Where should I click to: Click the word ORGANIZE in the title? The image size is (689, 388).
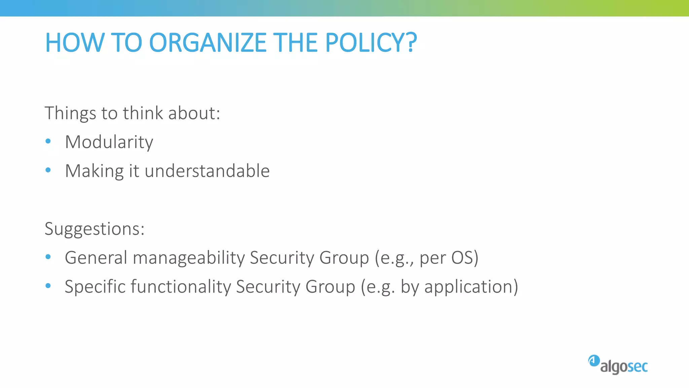[x=208, y=43]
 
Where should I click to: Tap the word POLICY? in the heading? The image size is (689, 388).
[x=371, y=43]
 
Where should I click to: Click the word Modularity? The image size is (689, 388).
[x=109, y=142]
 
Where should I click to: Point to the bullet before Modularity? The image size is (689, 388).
[x=48, y=141]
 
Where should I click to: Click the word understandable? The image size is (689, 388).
[x=207, y=171]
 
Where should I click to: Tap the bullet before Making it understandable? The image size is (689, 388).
[x=48, y=170]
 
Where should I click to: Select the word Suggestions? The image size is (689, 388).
[x=95, y=229]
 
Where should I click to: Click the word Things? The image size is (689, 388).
[x=70, y=113]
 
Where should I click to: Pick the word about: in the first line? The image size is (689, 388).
[x=194, y=113]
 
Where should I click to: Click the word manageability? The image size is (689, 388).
[x=189, y=258]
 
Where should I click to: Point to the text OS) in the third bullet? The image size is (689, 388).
[x=465, y=258]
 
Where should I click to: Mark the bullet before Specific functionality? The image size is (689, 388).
[x=48, y=286]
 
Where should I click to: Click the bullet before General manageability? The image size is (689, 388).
[x=48, y=257]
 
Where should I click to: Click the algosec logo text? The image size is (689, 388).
[x=624, y=367]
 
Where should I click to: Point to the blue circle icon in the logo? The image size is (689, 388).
[x=594, y=361]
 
